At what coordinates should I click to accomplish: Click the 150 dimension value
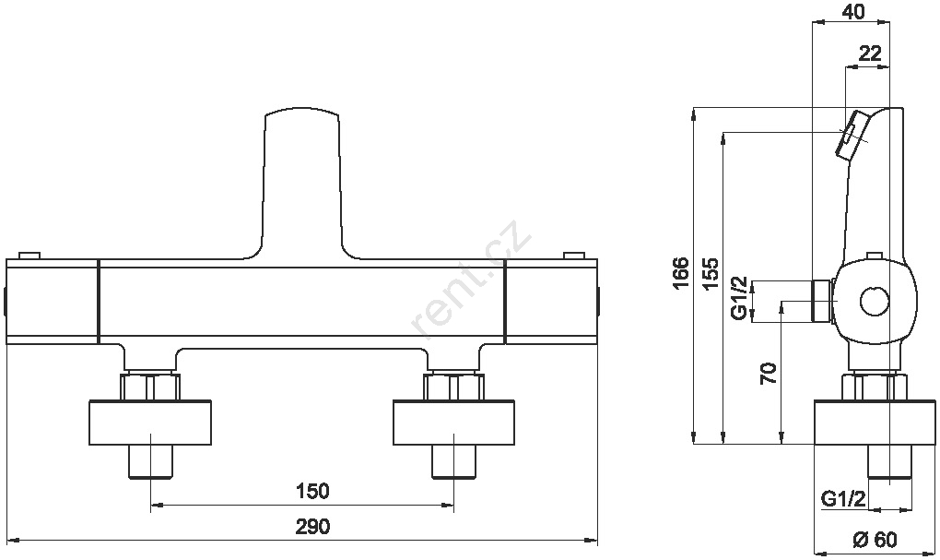(312, 491)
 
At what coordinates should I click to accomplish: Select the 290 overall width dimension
(312, 527)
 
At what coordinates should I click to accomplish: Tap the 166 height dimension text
(680, 274)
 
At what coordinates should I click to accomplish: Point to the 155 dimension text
(711, 274)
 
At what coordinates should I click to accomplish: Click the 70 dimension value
(769, 374)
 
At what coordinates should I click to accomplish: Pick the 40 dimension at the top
(853, 11)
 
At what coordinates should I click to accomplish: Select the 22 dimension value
(870, 54)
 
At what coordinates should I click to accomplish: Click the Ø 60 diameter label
(875, 539)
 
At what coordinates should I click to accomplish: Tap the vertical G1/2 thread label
(740, 298)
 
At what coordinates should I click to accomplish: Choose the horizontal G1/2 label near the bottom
(843, 499)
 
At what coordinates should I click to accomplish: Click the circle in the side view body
(874, 302)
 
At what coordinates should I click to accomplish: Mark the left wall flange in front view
(150, 423)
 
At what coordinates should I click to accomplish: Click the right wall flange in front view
(453, 423)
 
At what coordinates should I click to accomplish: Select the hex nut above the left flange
(150, 387)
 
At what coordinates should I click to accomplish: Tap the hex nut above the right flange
(453, 387)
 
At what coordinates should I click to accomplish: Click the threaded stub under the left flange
(150, 461)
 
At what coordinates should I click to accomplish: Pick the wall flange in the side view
(875, 423)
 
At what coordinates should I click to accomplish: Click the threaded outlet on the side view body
(821, 300)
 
